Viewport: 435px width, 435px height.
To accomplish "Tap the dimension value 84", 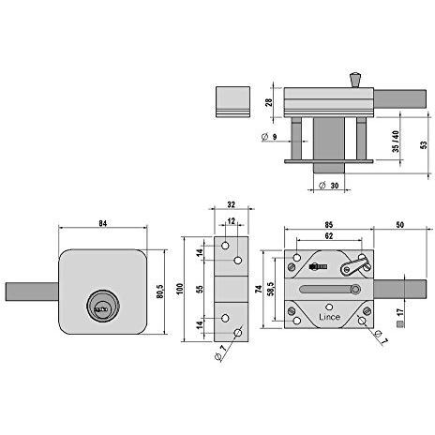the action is click(x=103, y=223).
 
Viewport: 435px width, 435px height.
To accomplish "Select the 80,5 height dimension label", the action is click(x=159, y=292).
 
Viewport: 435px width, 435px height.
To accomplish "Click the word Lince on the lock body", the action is click(x=329, y=317).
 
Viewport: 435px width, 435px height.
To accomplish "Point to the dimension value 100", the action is click(x=179, y=289).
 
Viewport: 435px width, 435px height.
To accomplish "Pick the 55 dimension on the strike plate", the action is click(x=201, y=289).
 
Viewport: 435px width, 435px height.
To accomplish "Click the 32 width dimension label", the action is click(x=231, y=204).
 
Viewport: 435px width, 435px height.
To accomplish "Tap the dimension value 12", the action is click(x=231, y=221).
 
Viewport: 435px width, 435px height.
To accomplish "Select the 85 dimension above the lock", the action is click(x=329, y=225).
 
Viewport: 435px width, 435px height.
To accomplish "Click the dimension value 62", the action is click(x=329, y=236).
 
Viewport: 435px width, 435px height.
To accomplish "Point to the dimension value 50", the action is click(x=399, y=225).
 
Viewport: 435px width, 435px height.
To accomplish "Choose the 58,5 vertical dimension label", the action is click(x=270, y=289).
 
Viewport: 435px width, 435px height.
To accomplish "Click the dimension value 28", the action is click(x=269, y=102).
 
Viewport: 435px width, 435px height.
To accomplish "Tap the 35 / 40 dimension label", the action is click(x=396, y=142).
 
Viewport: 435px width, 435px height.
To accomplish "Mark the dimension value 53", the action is click(x=424, y=145).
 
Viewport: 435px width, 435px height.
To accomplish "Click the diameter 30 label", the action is click(x=329, y=186).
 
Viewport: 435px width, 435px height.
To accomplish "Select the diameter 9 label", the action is click(x=269, y=137).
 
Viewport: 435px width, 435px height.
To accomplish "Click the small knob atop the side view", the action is click(x=354, y=80).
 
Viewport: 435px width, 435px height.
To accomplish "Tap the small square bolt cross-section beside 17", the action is click(x=399, y=324).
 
